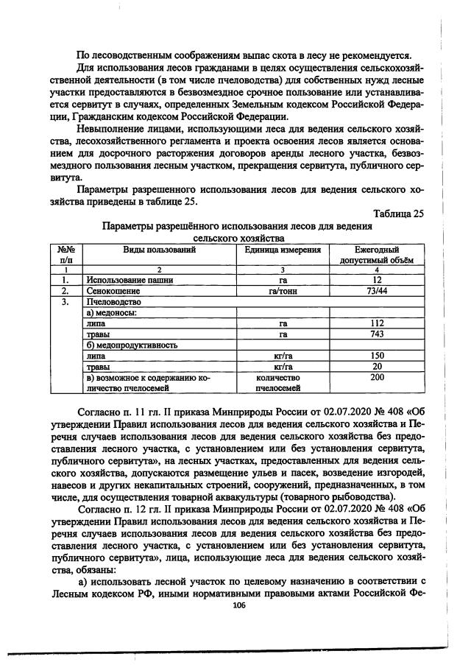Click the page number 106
237,605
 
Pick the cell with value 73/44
378,292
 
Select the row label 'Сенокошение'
110,292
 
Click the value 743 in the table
378,334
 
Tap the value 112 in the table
378,323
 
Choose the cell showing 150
378,355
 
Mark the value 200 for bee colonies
378,376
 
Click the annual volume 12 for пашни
378,281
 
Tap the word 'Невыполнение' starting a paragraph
113,127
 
